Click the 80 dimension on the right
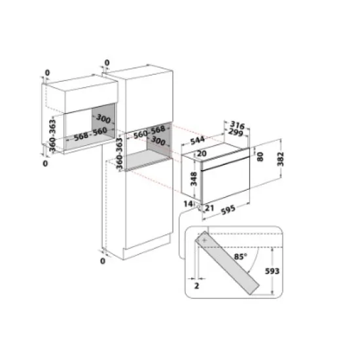261,157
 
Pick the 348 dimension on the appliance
193,179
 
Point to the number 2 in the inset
196,286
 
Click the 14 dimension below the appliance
188,205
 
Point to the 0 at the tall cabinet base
102,261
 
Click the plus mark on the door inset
206,242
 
